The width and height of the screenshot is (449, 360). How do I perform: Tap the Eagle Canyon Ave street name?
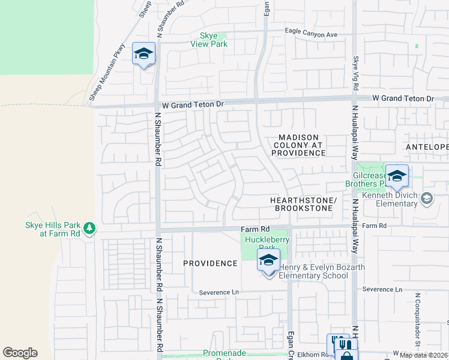tap(311, 35)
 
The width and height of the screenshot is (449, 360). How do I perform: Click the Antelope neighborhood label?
tap(427, 147)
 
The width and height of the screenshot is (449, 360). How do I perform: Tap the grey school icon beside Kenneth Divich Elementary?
tap(426, 197)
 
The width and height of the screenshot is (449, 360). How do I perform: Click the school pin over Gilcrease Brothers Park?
tap(397, 176)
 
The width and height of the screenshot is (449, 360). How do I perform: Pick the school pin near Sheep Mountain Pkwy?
tap(144, 55)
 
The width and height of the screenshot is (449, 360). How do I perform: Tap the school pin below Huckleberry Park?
tap(269, 260)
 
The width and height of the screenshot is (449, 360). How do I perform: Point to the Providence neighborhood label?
tap(210, 263)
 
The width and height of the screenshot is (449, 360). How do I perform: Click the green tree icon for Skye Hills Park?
tap(89, 228)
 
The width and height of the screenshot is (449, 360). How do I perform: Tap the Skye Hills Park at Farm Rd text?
tap(52, 229)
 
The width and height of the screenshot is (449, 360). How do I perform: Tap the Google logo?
tap(20, 353)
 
